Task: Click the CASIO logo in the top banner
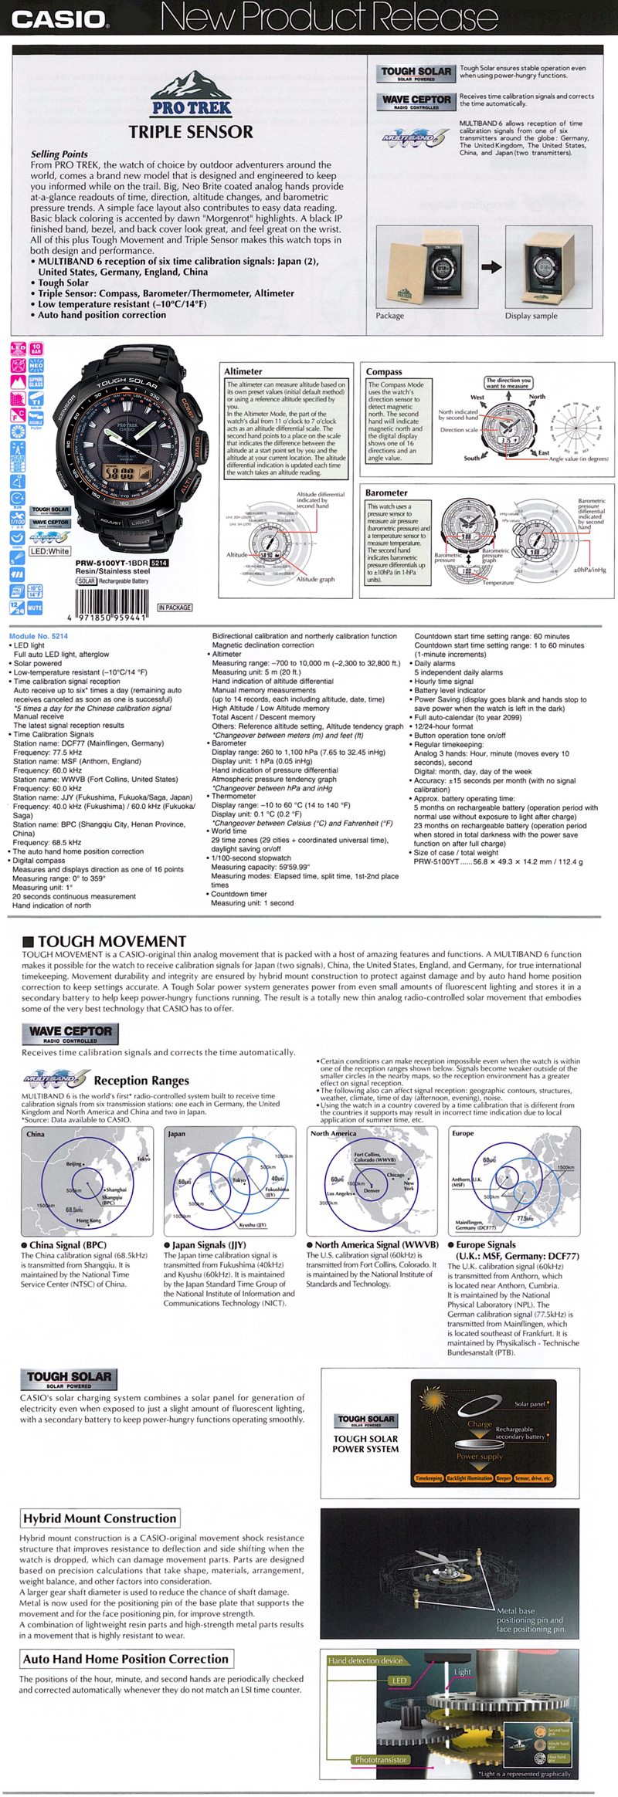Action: (58, 19)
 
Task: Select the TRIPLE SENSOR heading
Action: (191, 132)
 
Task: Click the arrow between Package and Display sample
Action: (491, 268)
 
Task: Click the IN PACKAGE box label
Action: (175, 607)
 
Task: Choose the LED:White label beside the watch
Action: (49, 551)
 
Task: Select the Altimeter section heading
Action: (243, 371)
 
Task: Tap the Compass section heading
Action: (384, 371)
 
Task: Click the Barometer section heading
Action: (386, 492)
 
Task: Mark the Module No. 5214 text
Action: (38, 636)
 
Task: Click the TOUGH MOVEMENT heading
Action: (112, 941)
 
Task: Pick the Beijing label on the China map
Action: (74, 1163)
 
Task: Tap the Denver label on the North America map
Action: (372, 1190)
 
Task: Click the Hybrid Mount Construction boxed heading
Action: (100, 1518)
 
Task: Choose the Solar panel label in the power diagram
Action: (530, 1404)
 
